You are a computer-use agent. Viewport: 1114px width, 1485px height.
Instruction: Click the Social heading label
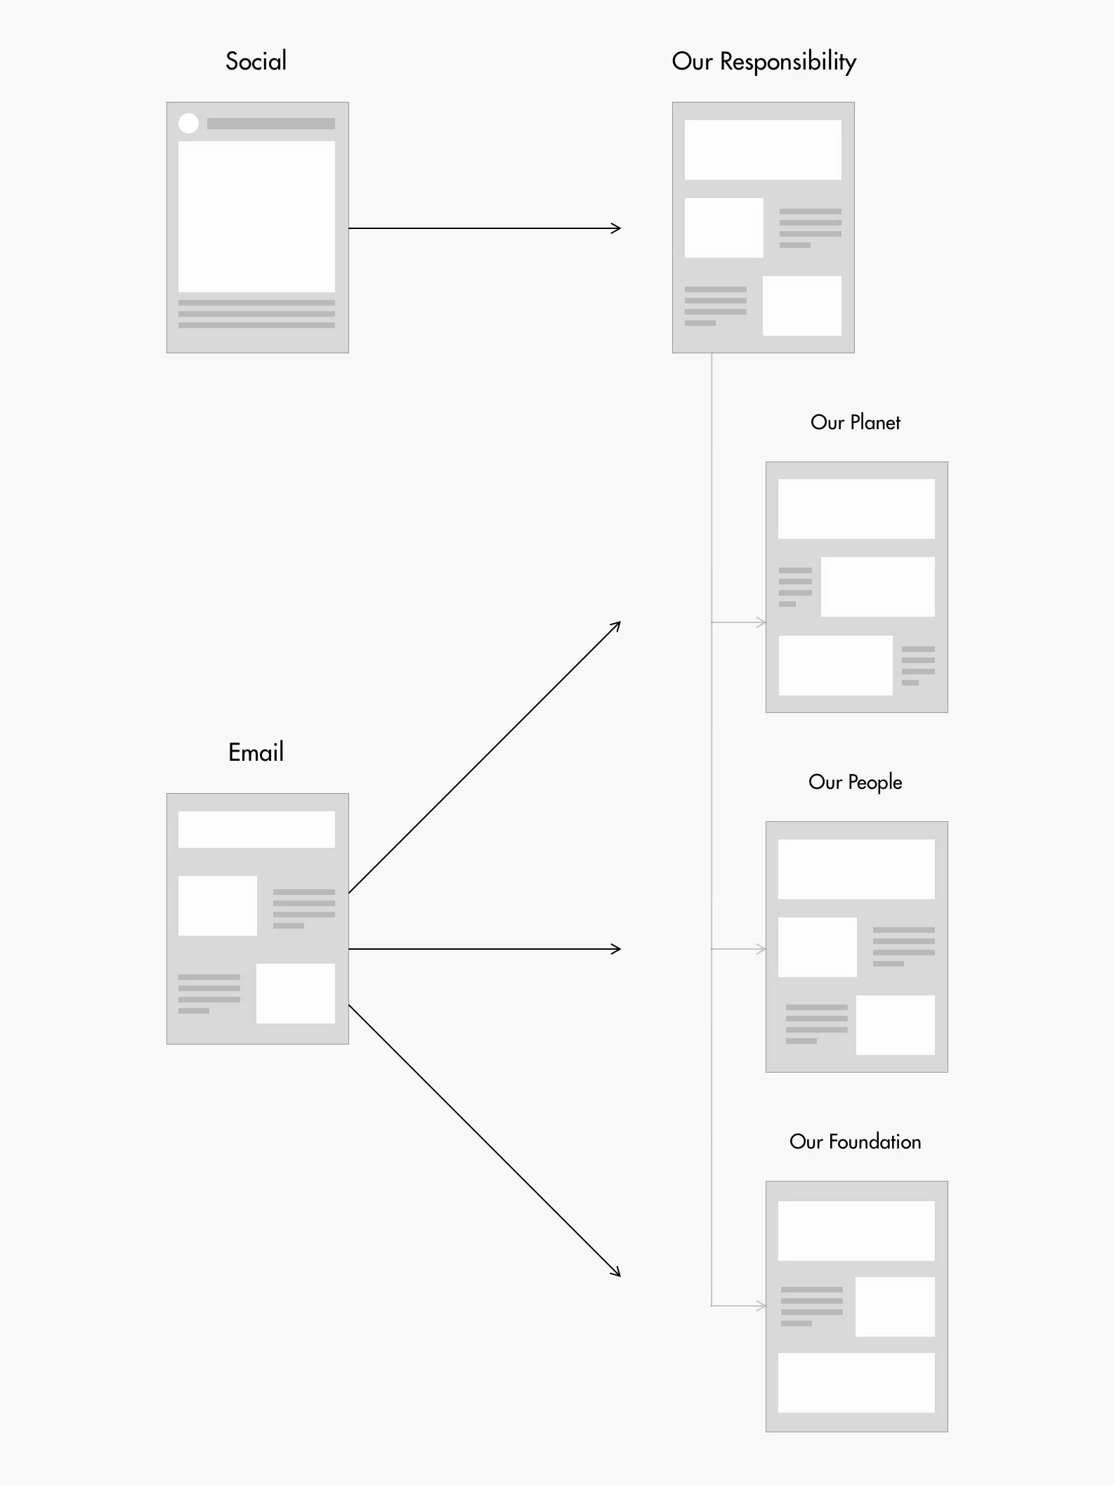coord(256,61)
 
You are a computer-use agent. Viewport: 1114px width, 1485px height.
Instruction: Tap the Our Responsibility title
coord(764,62)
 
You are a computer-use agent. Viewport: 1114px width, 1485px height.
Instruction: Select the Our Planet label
coord(856,422)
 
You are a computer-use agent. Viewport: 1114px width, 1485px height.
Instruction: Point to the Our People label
coord(856,782)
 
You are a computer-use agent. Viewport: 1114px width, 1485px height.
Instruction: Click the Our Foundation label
coord(856,1141)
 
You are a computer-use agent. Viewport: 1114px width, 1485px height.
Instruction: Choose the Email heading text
coord(256,752)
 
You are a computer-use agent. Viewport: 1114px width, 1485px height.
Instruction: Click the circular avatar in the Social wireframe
coord(188,123)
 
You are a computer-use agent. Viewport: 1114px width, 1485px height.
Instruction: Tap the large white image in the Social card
coord(256,216)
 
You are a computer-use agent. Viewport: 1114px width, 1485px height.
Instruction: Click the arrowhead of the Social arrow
coord(617,228)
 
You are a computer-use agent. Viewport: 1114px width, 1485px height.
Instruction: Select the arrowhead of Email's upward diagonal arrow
coord(617,626)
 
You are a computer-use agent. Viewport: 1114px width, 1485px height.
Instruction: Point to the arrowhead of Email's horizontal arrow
coord(617,949)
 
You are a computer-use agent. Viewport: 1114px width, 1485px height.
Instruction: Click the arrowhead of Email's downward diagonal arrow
coord(617,1271)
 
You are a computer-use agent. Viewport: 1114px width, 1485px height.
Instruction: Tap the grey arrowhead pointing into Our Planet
coord(761,622)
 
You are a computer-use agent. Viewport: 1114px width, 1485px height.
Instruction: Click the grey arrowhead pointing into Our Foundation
coord(761,1306)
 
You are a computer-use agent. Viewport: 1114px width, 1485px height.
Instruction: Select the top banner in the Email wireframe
coord(256,830)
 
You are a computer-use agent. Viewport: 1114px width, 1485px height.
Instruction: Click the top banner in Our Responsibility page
coord(763,150)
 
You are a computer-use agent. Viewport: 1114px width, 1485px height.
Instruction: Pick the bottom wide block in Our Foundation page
coord(856,1382)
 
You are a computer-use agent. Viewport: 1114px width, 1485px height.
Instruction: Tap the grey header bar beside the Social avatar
coord(271,124)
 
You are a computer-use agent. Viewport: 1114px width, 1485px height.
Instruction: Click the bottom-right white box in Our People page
coord(896,1025)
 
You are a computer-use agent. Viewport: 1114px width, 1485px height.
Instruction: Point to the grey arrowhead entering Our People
coord(761,949)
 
